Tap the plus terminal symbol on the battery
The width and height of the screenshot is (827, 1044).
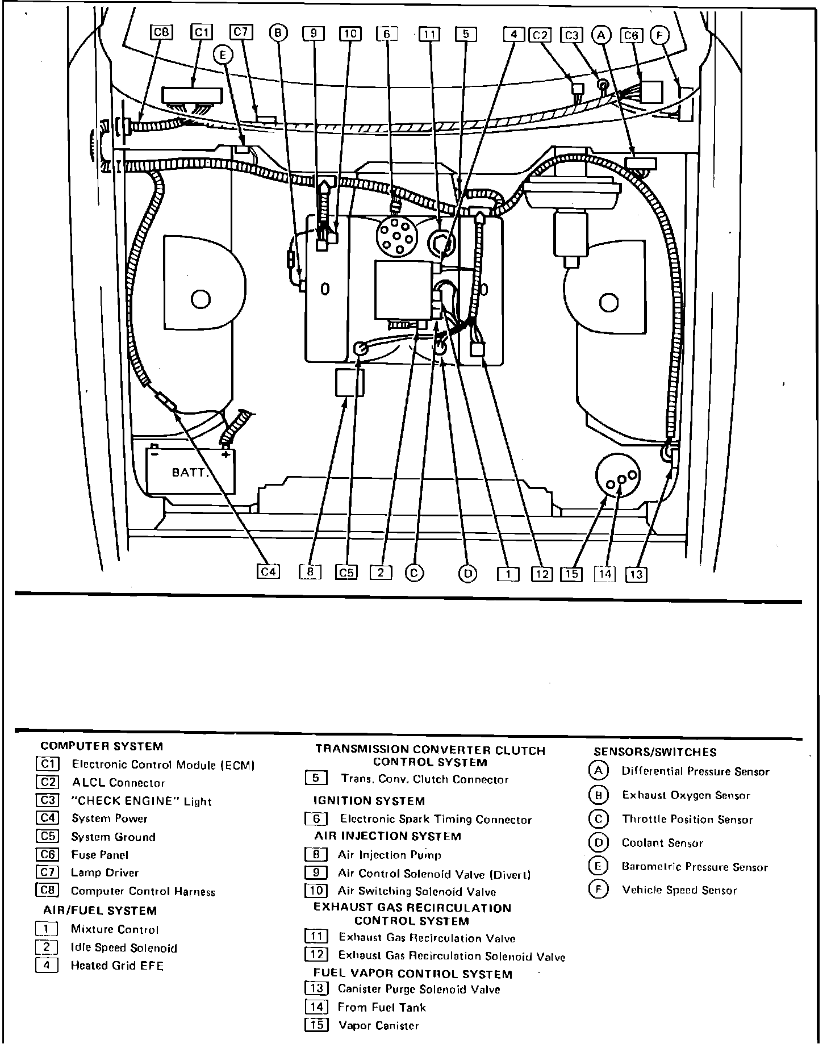(226, 455)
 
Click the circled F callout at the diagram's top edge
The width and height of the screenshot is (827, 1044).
(659, 35)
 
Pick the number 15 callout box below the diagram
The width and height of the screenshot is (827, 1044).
(572, 574)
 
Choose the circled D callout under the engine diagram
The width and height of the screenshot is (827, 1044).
(468, 574)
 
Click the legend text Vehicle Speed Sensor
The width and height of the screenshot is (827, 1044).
(679, 891)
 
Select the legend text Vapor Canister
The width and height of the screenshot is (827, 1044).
(378, 1026)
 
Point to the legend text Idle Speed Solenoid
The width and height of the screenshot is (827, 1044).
(124, 948)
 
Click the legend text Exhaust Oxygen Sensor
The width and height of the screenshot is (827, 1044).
(686, 795)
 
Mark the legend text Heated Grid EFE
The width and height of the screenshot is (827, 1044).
(117, 966)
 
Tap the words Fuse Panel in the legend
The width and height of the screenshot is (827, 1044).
(99, 855)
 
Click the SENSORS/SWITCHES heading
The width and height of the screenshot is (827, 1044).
(655, 752)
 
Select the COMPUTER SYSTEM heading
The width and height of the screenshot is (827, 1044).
(102, 746)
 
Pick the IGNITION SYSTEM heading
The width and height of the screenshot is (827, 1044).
(369, 801)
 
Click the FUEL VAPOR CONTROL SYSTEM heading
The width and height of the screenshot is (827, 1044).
(413, 974)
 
